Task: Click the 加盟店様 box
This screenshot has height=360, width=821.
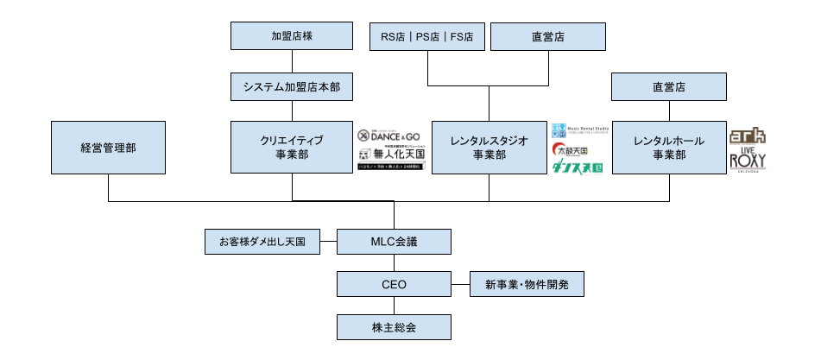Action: click(292, 36)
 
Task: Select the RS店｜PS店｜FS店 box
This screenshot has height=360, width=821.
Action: click(427, 36)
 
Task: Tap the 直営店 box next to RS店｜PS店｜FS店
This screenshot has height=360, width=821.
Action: click(548, 36)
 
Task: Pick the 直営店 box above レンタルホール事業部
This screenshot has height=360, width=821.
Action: click(669, 87)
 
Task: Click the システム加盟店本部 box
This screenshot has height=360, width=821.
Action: click(292, 87)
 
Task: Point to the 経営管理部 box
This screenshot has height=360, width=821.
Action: click(108, 148)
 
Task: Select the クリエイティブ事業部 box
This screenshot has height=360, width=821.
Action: click(292, 148)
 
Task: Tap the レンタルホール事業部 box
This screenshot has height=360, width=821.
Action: click(669, 148)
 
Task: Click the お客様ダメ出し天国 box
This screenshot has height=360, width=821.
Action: click(262, 242)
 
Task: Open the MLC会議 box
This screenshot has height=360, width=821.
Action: click(394, 242)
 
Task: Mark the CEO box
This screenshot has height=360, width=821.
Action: click(394, 284)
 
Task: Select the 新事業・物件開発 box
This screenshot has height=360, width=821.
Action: click(527, 284)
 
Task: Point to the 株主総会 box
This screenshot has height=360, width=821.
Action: click(394, 327)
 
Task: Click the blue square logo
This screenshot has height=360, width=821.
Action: click(559, 130)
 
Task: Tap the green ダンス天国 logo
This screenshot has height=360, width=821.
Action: click(578, 168)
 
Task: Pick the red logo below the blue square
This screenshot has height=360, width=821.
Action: click(559, 149)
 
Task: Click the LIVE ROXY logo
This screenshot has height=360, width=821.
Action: click(748, 161)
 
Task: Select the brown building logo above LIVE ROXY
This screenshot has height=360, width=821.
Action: click(748, 136)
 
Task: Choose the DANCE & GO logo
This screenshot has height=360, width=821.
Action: click(389, 136)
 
